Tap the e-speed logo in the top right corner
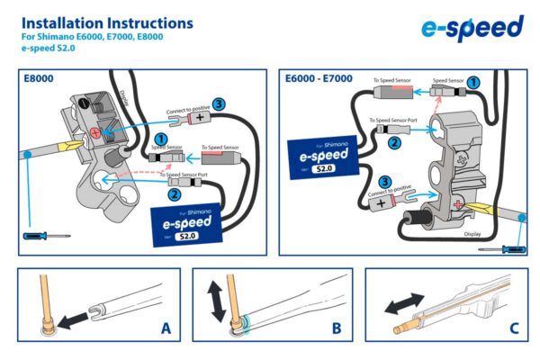(472, 28)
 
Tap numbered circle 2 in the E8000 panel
(173, 193)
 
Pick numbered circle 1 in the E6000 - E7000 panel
(473, 82)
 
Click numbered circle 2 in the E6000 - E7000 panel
(393, 141)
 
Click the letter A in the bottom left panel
(166, 328)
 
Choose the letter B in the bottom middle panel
(336, 328)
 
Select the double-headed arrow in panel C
(405, 303)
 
